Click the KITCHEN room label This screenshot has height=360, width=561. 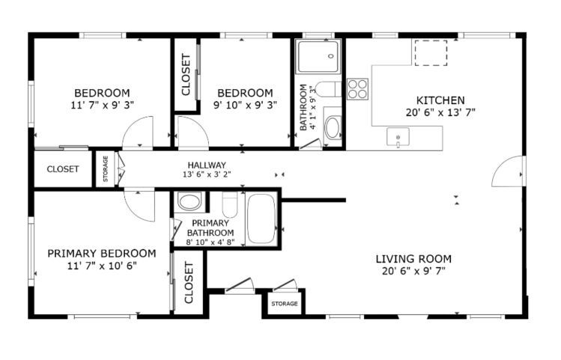click(x=440, y=100)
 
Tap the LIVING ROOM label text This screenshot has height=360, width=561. click(x=413, y=259)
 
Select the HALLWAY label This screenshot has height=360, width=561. click(x=207, y=165)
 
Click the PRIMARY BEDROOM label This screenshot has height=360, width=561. click(x=102, y=254)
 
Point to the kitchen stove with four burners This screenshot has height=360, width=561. click(x=357, y=89)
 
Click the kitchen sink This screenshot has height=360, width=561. click(x=398, y=137)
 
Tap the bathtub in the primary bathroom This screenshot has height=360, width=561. click(x=261, y=219)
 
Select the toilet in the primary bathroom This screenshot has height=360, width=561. click(x=230, y=204)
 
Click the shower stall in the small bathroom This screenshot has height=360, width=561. click(x=319, y=56)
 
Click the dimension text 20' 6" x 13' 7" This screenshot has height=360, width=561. click(x=440, y=112)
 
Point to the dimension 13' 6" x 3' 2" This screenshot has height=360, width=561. click(x=207, y=174)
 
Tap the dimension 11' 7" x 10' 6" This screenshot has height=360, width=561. click(x=102, y=266)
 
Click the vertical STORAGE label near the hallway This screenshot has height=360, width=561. click(x=106, y=168)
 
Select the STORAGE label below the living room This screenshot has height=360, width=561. click(x=285, y=304)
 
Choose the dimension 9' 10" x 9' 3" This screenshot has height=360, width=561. click(x=245, y=106)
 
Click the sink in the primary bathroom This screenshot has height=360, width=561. click(x=189, y=201)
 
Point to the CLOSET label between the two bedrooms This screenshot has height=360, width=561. click(x=186, y=75)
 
